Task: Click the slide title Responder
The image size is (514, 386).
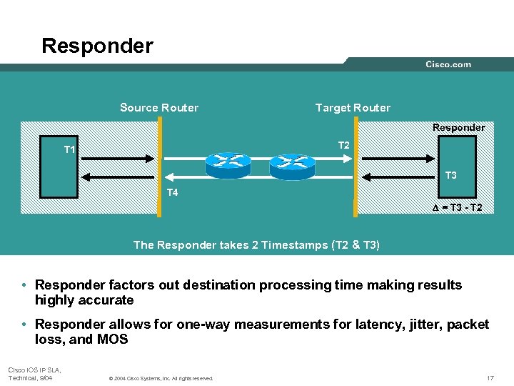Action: pyautogui.click(x=97, y=46)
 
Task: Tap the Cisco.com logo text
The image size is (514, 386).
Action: pyautogui.click(x=448, y=64)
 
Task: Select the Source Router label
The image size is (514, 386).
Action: pyautogui.click(x=159, y=108)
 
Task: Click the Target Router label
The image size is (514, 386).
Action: pyautogui.click(x=353, y=108)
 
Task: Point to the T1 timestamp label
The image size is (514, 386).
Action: pyautogui.click(x=70, y=149)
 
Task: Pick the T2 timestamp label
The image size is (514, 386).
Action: pyautogui.click(x=343, y=145)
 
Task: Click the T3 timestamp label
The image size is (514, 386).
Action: pyautogui.click(x=451, y=176)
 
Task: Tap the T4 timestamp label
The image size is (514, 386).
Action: pyautogui.click(x=172, y=192)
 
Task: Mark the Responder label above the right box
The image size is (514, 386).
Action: pyautogui.click(x=458, y=127)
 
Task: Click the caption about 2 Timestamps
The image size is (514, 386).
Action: pyautogui.click(x=256, y=245)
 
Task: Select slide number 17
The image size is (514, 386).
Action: pyautogui.click(x=490, y=377)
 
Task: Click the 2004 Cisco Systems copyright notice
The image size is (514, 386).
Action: pyautogui.click(x=161, y=378)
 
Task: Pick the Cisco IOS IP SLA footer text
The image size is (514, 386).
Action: pyautogui.click(x=34, y=373)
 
